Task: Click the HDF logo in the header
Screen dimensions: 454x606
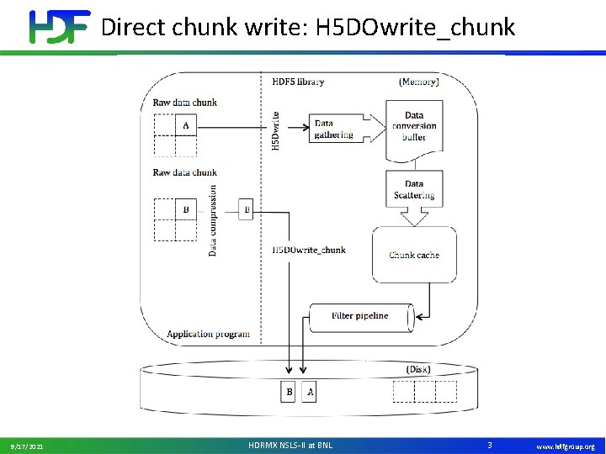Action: pyautogui.click(x=59, y=26)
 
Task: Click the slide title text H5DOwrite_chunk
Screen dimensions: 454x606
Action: pyautogui.click(x=307, y=27)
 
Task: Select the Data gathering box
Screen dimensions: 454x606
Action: pyautogui.click(x=333, y=129)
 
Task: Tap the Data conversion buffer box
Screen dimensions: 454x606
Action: pyautogui.click(x=414, y=127)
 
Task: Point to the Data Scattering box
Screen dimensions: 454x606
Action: pyautogui.click(x=414, y=190)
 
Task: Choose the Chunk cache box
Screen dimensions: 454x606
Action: pyautogui.click(x=414, y=255)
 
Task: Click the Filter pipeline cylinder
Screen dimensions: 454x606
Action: pyautogui.click(x=360, y=316)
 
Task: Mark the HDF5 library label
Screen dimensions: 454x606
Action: pyautogui.click(x=298, y=82)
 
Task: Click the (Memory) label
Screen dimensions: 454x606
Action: pyautogui.click(x=418, y=82)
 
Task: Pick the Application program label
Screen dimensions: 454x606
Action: pyautogui.click(x=208, y=334)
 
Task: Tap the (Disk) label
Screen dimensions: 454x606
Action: pyautogui.click(x=418, y=369)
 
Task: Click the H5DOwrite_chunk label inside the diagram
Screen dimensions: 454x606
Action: pyautogui.click(x=309, y=250)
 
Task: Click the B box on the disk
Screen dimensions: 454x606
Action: pyautogui.click(x=289, y=392)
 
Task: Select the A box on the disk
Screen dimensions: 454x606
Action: pyautogui.click(x=309, y=392)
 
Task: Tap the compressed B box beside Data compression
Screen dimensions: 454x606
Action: pyautogui.click(x=246, y=209)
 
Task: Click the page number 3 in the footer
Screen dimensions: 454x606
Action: pyautogui.click(x=490, y=443)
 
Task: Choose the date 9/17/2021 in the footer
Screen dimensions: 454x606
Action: pyautogui.click(x=28, y=446)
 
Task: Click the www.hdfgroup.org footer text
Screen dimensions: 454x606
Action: pyautogui.click(x=566, y=446)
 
